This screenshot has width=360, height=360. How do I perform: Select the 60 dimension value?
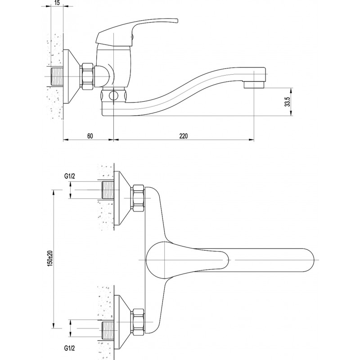click(90, 136)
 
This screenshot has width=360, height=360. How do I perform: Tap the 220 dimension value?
click(183, 136)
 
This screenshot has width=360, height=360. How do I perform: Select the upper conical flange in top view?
click(122, 198)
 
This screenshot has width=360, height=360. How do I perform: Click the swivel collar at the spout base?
click(113, 95)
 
